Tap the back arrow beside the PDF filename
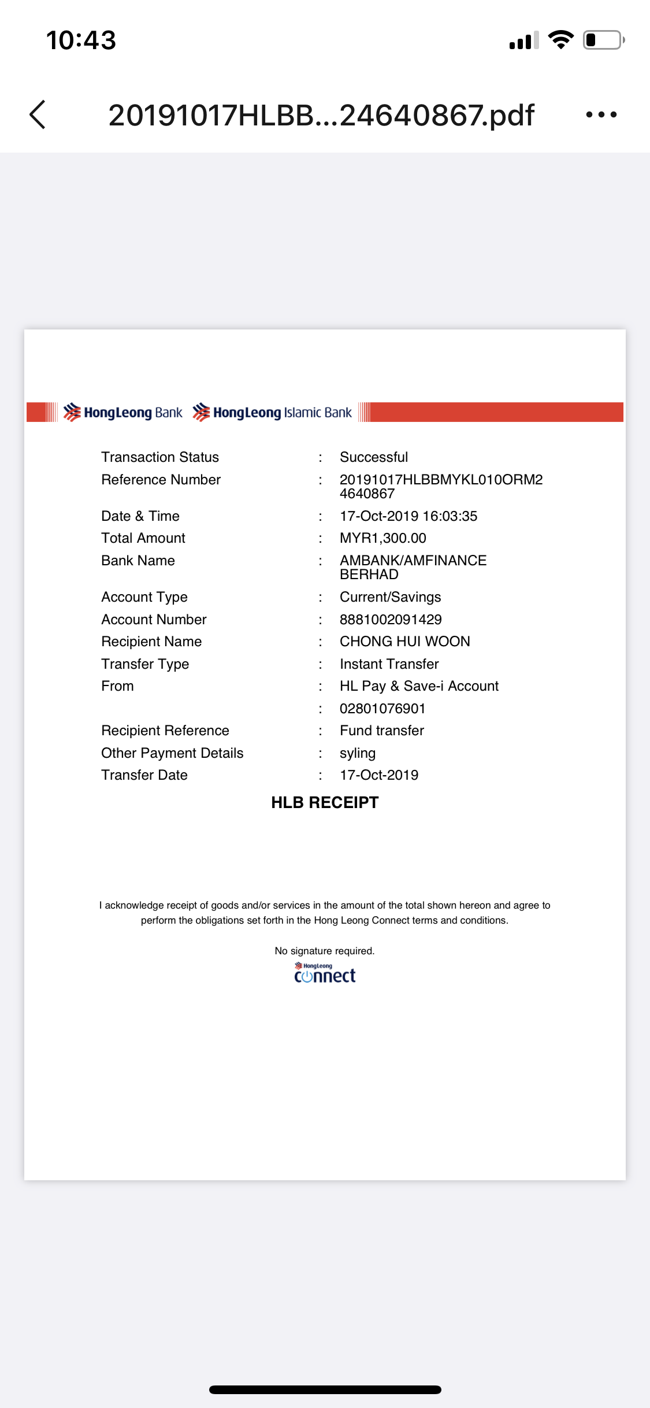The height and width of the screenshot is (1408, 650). tap(38, 114)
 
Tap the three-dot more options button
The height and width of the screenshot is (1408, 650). tap(601, 114)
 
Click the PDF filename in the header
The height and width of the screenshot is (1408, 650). tap(321, 115)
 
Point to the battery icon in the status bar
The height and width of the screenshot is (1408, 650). tap(603, 40)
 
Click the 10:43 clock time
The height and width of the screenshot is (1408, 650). tap(81, 40)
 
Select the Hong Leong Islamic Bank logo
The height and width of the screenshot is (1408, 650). tap(272, 413)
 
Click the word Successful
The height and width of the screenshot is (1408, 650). tap(374, 457)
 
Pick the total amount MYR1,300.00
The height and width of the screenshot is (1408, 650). tap(382, 538)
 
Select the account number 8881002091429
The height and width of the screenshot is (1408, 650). tap(391, 620)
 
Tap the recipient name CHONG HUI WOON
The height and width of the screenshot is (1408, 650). tap(404, 642)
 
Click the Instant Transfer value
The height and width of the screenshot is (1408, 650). tap(389, 664)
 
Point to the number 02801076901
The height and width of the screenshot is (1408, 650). tap(382, 709)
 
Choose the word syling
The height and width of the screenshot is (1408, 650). tap(358, 753)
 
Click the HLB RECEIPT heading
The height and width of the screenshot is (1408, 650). tap(325, 802)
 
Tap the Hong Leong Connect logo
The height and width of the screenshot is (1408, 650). tap(325, 973)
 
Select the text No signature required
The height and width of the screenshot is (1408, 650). tap(325, 951)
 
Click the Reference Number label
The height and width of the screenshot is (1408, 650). tap(161, 480)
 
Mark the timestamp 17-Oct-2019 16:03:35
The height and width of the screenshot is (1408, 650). tap(408, 516)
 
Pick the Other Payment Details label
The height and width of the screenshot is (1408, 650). tap(172, 753)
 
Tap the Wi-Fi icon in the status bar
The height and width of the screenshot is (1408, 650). tap(560, 39)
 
